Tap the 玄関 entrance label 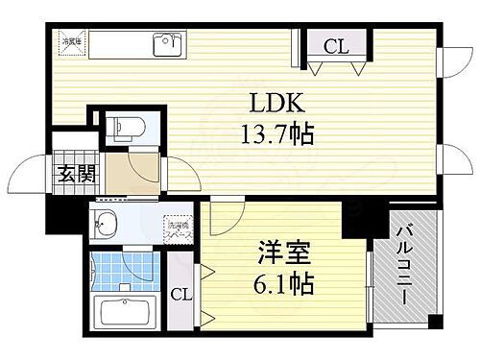coord(69,176)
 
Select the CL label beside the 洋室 coord(180,295)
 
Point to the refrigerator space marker coord(73,42)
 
